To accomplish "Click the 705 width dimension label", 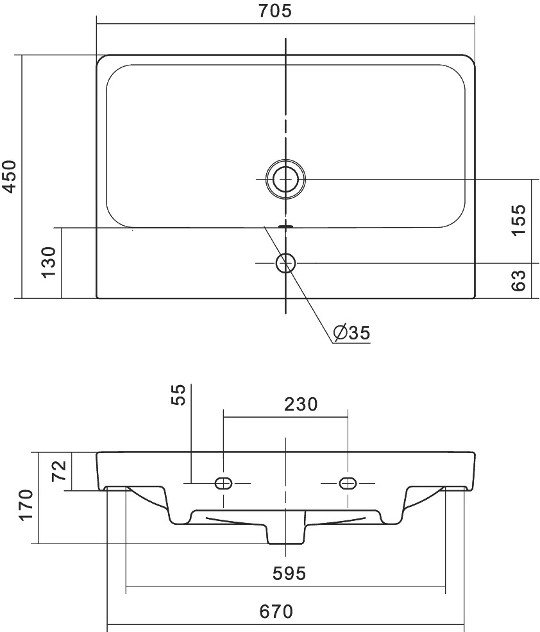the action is (x=275, y=11).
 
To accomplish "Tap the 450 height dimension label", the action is (x=9, y=176).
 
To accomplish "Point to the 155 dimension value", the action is (x=518, y=220).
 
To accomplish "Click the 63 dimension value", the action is (x=518, y=280).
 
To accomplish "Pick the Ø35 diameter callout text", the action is (x=352, y=332).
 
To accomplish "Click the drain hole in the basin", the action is (x=286, y=178).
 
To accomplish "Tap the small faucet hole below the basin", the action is (x=286, y=263).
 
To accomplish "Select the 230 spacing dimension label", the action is (x=301, y=404).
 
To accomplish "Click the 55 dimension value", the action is (x=178, y=395).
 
